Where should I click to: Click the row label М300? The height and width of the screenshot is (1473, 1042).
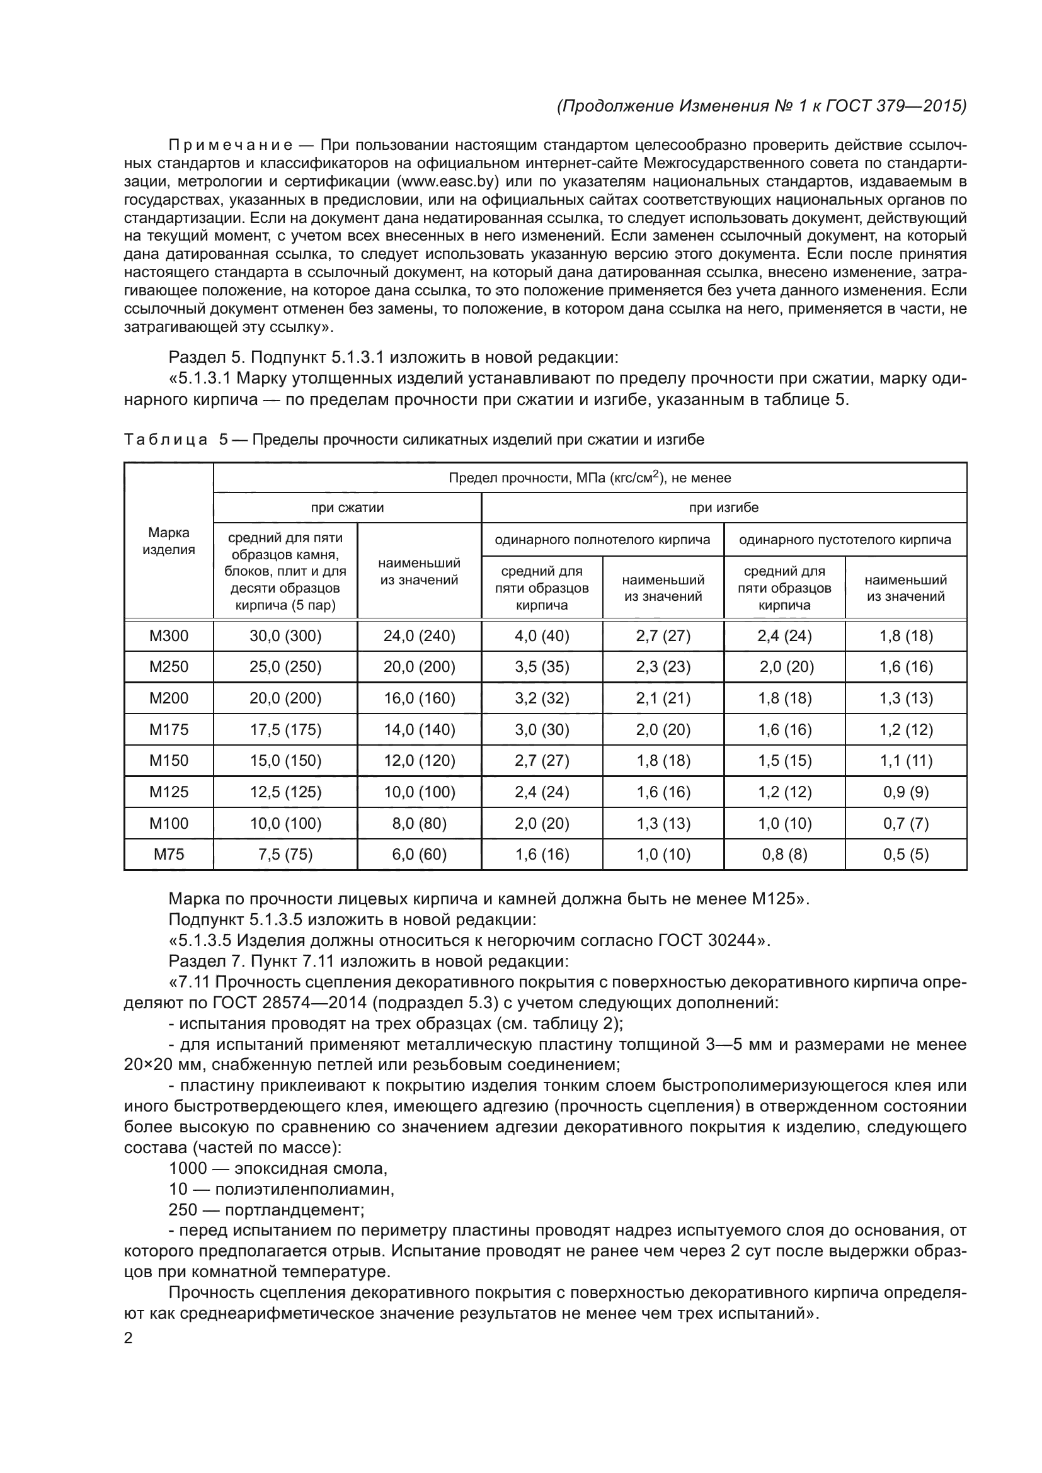[169, 636]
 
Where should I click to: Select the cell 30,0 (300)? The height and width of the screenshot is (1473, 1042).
[285, 636]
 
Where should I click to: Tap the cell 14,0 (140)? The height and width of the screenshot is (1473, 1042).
[419, 729]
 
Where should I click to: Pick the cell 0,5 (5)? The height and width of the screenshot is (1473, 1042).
[905, 854]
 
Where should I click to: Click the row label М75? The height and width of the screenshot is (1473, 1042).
[169, 854]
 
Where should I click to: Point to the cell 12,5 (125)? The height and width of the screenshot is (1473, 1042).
[285, 792]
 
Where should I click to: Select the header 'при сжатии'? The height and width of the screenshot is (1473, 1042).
[347, 508]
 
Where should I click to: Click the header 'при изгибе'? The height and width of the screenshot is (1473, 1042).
[723, 508]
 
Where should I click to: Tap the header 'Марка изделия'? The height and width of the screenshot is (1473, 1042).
[169, 541]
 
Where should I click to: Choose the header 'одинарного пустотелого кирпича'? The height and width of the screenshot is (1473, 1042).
[844, 540]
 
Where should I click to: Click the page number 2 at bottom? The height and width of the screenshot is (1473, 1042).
[129, 1338]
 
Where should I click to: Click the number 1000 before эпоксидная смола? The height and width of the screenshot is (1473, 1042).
[187, 1168]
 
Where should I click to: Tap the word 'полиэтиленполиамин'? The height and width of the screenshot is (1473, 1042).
[304, 1190]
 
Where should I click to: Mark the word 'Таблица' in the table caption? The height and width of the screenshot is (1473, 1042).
[166, 440]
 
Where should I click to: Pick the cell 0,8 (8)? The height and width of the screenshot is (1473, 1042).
[784, 854]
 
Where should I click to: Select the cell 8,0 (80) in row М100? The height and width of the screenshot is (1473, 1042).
[419, 823]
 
